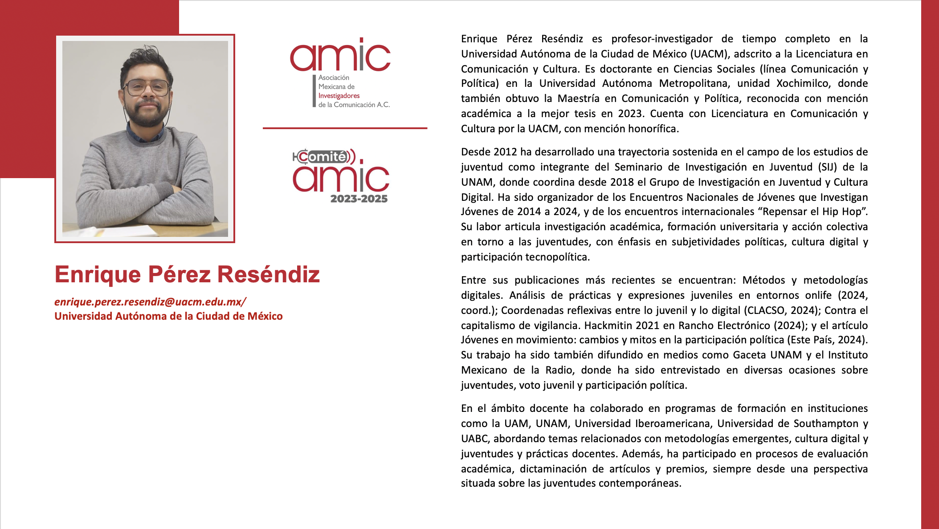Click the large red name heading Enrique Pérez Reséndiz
click(187, 274)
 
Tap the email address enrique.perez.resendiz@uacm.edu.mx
click(149, 302)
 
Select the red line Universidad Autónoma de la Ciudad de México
click(168, 316)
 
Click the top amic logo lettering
click(340, 56)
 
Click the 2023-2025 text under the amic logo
click(359, 199)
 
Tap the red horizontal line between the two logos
click(345, 128)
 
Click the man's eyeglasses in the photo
click(147, 87)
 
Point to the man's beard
click(147, 117)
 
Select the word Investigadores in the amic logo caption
click(339, 96)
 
